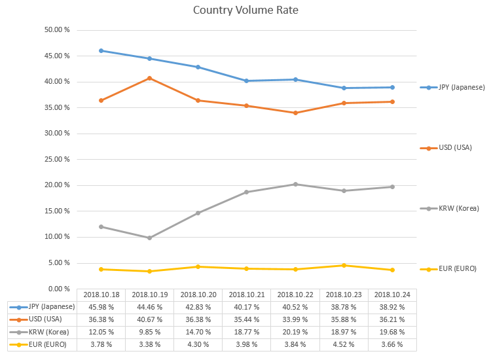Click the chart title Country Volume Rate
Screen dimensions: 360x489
click(x=245, y=10)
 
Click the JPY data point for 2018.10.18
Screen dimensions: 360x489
click(x=101, y=50)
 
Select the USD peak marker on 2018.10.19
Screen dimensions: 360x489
click(x=149, y=78)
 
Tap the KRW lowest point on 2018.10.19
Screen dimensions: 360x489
click(x=149, y=238)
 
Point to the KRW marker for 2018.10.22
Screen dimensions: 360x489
click(x=296, y=184)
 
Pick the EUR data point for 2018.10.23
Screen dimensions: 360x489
click(x=344, y=265)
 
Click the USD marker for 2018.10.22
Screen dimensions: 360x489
click(x=296, y=113)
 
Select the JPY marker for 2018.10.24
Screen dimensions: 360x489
click(x=393, y=87)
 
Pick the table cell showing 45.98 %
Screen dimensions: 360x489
click(x=101, y=307)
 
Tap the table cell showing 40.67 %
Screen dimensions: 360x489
click(x=149, y=319)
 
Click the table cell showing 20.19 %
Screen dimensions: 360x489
click(x=296, y=332)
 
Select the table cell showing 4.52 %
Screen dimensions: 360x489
click(x=344, y=344)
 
